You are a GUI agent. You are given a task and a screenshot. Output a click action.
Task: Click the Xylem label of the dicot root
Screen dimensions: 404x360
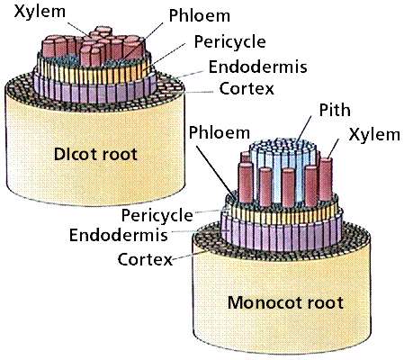40,13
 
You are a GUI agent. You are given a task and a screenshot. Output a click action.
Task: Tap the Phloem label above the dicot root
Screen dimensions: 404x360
200,15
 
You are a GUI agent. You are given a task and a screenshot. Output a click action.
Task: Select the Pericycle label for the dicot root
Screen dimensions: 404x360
230,42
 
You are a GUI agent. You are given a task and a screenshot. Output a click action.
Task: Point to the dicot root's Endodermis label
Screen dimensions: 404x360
258,67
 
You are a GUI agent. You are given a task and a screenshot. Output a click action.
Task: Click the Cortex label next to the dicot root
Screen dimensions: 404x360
247,88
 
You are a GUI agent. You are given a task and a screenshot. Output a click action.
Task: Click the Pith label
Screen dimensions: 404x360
335,110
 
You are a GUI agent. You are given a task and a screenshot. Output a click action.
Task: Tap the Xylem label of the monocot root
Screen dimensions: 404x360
374,134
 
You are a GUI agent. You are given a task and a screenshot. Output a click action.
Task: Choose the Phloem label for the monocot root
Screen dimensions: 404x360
220,132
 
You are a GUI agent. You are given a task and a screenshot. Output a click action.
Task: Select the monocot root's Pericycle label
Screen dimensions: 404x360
157,215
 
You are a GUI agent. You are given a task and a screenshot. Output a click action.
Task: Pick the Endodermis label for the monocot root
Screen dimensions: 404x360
119,235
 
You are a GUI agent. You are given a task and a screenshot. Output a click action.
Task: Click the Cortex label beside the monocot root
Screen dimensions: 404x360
145,259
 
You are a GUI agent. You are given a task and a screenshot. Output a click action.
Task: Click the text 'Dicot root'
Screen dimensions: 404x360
95,154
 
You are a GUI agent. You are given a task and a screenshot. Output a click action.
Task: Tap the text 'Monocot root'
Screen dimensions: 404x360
285,302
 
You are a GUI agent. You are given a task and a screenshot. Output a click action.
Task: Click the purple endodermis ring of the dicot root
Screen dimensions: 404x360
95,90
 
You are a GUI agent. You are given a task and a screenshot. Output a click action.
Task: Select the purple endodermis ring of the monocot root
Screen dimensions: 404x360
282,236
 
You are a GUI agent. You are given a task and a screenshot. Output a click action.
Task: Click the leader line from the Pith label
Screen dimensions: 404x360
303,129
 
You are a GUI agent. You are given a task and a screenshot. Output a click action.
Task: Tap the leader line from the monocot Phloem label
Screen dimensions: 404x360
216,170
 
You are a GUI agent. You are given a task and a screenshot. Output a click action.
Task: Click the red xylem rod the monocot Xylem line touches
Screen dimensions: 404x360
326,179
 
